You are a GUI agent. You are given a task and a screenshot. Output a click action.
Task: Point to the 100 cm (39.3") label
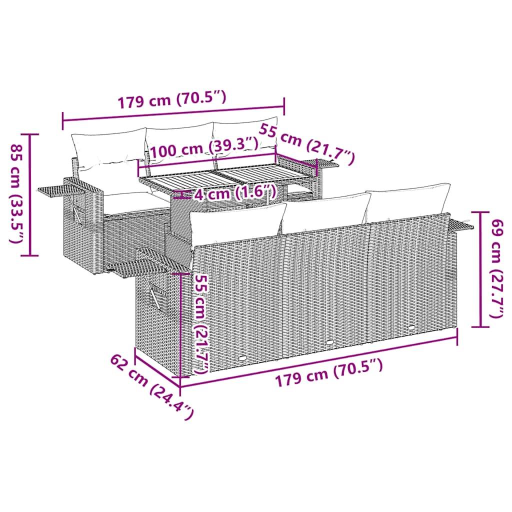point(204,147)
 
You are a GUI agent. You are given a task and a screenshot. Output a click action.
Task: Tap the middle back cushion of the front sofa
point(325,212)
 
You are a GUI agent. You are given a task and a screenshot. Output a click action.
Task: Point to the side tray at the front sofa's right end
point(460,226)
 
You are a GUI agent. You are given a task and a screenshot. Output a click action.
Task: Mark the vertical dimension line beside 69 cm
point(480,270)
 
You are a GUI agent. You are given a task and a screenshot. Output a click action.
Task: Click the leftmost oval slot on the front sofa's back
point(243,358)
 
